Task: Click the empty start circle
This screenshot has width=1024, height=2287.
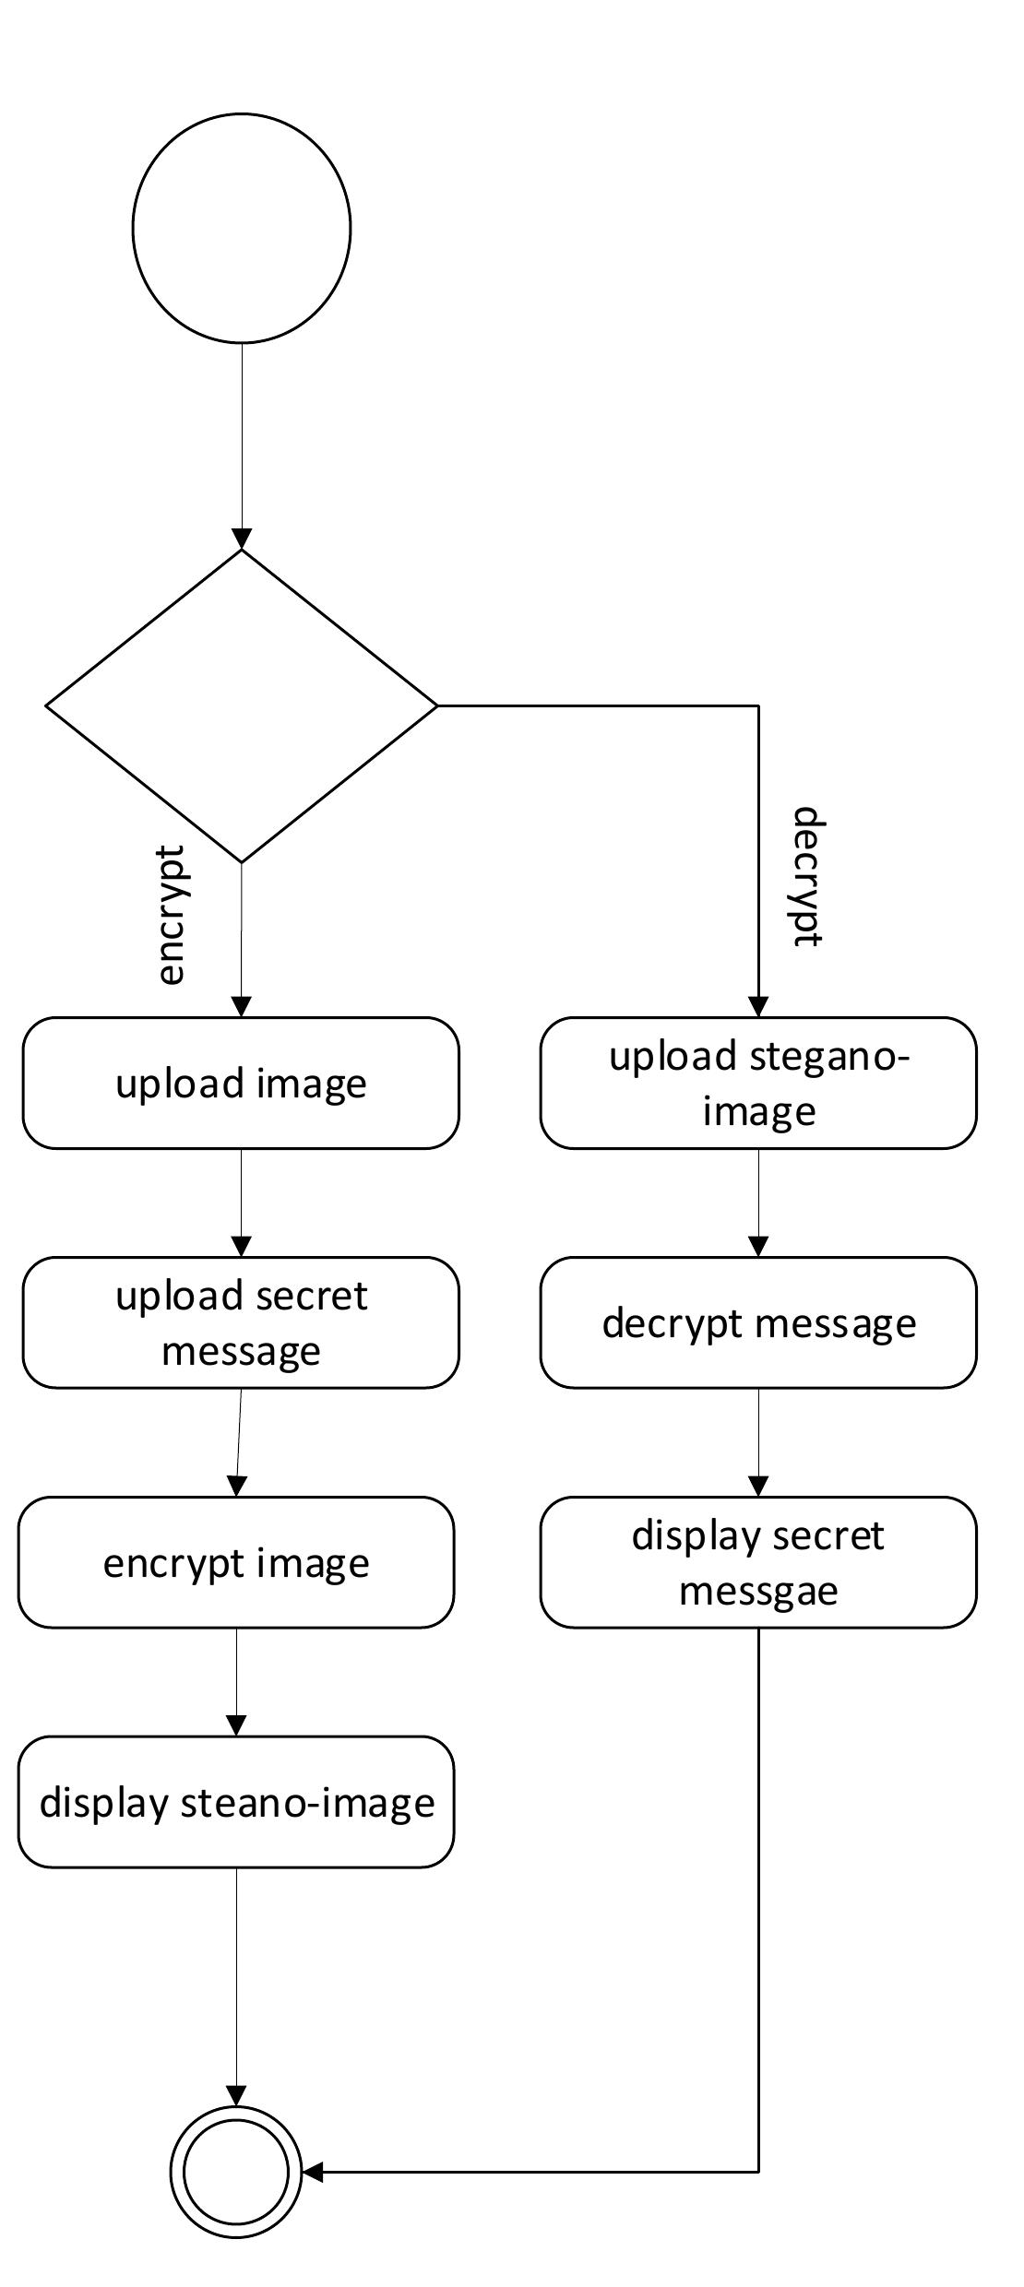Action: coord(242,228)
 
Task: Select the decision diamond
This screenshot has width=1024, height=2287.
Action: coord(242,705)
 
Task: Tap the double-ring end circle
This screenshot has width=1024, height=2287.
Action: coord(236,2172)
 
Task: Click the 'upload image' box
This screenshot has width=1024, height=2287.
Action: coord(241,1083)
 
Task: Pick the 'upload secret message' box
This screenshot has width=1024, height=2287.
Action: coord(241,1322)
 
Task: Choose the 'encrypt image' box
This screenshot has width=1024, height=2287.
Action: coord(236,1562)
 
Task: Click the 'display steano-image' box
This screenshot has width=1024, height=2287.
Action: coord(236,1802)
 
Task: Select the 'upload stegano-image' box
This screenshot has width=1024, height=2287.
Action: coord(758,1083)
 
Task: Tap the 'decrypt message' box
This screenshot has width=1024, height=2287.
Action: coord(758,1322)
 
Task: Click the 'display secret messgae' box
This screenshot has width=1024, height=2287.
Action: coord(758,1562)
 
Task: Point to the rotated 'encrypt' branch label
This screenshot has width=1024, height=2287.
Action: coord(172,915)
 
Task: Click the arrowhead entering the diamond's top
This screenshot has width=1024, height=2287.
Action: coord(242,539)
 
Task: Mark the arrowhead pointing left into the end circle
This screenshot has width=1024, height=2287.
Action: coord(313,2172)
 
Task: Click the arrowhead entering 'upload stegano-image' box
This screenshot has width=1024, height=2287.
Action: coord(758,1007)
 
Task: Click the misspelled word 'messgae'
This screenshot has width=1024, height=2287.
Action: coord(758,1591)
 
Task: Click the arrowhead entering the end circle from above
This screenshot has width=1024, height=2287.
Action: coord(236,2096)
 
